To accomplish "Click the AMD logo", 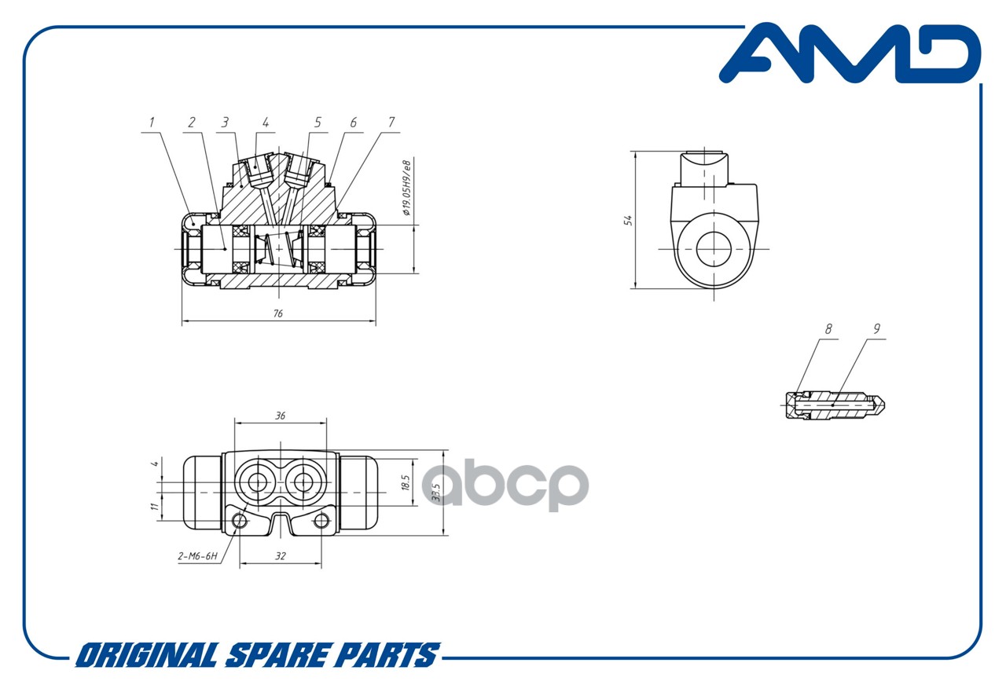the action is (850, 53).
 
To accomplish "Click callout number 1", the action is (152, 122).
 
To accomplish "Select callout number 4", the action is (266, 122).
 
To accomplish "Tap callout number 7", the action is (391, 122).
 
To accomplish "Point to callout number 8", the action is (828, 329).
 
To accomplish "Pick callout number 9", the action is (876, 329).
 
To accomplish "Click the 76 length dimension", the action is (278, 313).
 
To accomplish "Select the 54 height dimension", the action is (628, 220).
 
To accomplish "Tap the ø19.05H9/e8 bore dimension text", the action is (406, 188).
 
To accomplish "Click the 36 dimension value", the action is (281, 416).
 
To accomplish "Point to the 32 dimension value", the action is (281, 556).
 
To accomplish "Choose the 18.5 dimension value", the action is (405, 482).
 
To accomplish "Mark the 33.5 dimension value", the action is (435, 492).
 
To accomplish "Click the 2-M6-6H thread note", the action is (197, 556).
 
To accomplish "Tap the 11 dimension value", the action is (155, 507).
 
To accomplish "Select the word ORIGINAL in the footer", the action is (147, 655).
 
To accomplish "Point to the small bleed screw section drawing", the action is (835, 405).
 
